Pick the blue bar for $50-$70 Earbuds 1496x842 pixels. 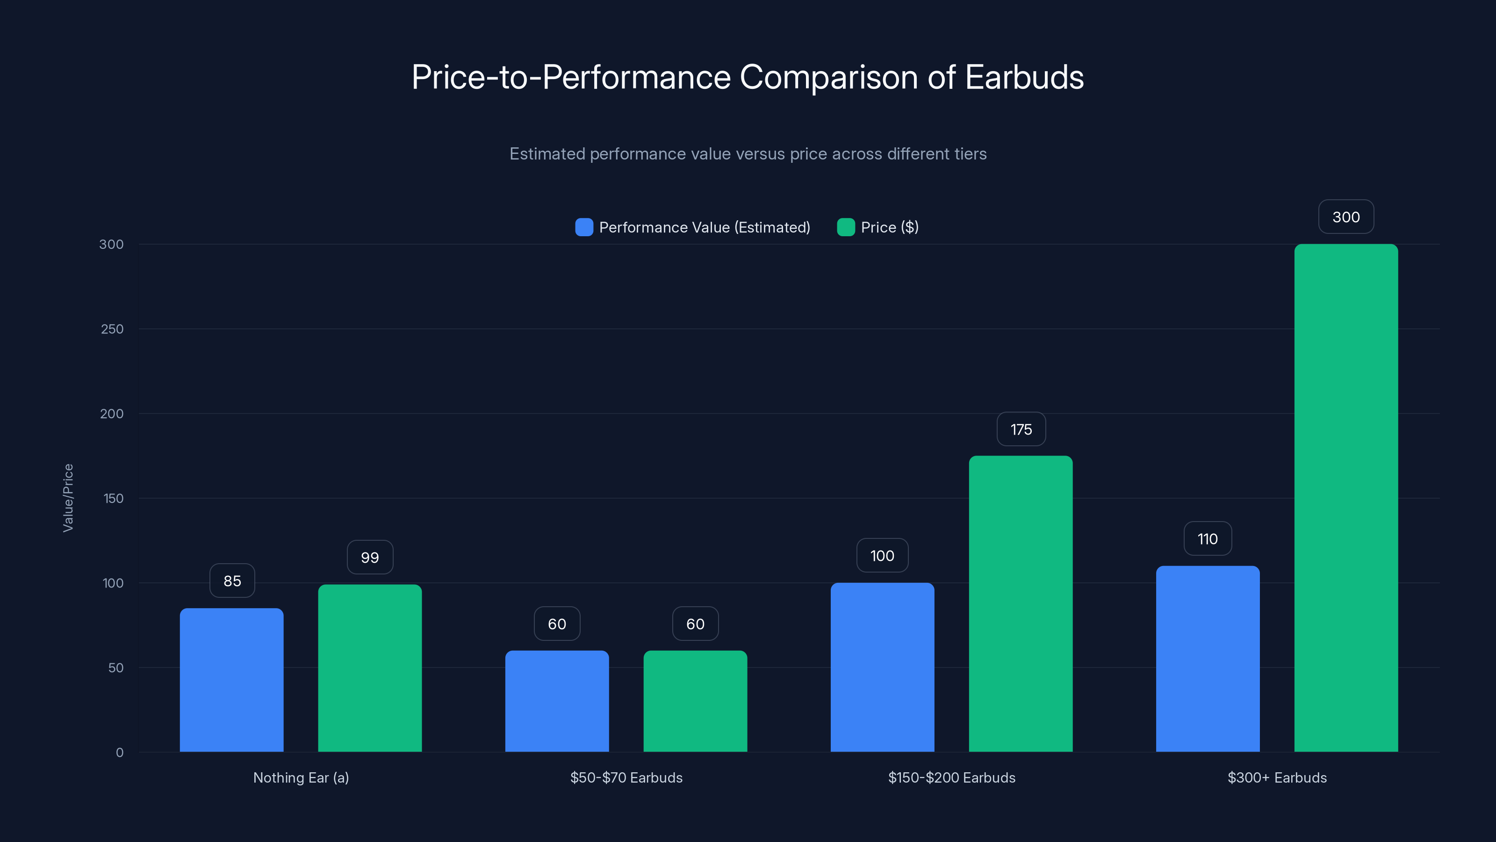point(556,701)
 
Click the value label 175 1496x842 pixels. point(1021,429)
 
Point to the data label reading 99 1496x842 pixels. point(370,557)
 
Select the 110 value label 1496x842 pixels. point(1208,539)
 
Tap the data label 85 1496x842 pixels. point(232,581)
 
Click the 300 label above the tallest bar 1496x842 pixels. point(1345,217)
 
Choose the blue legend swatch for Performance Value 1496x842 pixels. point(583,227)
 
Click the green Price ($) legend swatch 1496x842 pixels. point(846,227)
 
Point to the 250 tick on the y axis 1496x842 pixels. point(112,329)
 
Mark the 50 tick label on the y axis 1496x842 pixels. point(115,668)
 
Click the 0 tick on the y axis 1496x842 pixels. point(120,753)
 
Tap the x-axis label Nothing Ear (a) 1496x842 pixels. point(301,777)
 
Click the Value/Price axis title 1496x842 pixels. point(68,497)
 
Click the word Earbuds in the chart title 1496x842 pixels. point(1024,77)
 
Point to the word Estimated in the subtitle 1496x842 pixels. point(547,154)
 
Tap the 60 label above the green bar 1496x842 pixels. point(695,624)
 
